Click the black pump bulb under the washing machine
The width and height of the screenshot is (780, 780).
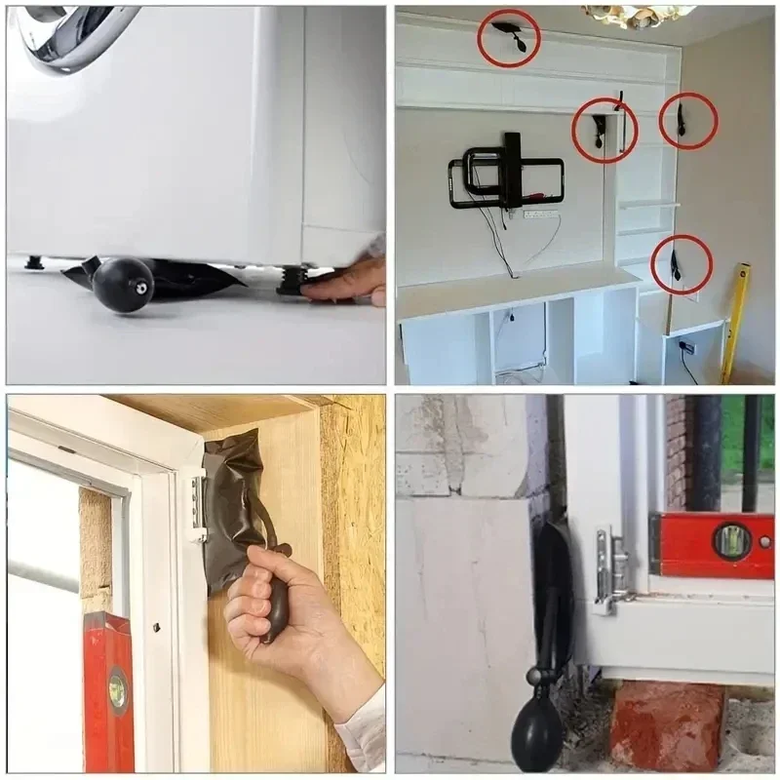[123, 285]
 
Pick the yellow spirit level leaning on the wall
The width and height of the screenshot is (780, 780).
[735, 322]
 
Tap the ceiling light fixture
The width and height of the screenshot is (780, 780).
[639, 16]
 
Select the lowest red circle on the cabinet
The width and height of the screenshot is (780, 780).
[681, 264]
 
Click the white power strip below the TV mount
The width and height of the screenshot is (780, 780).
[540, 214]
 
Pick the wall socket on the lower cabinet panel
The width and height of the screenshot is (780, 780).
[686, 347]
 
